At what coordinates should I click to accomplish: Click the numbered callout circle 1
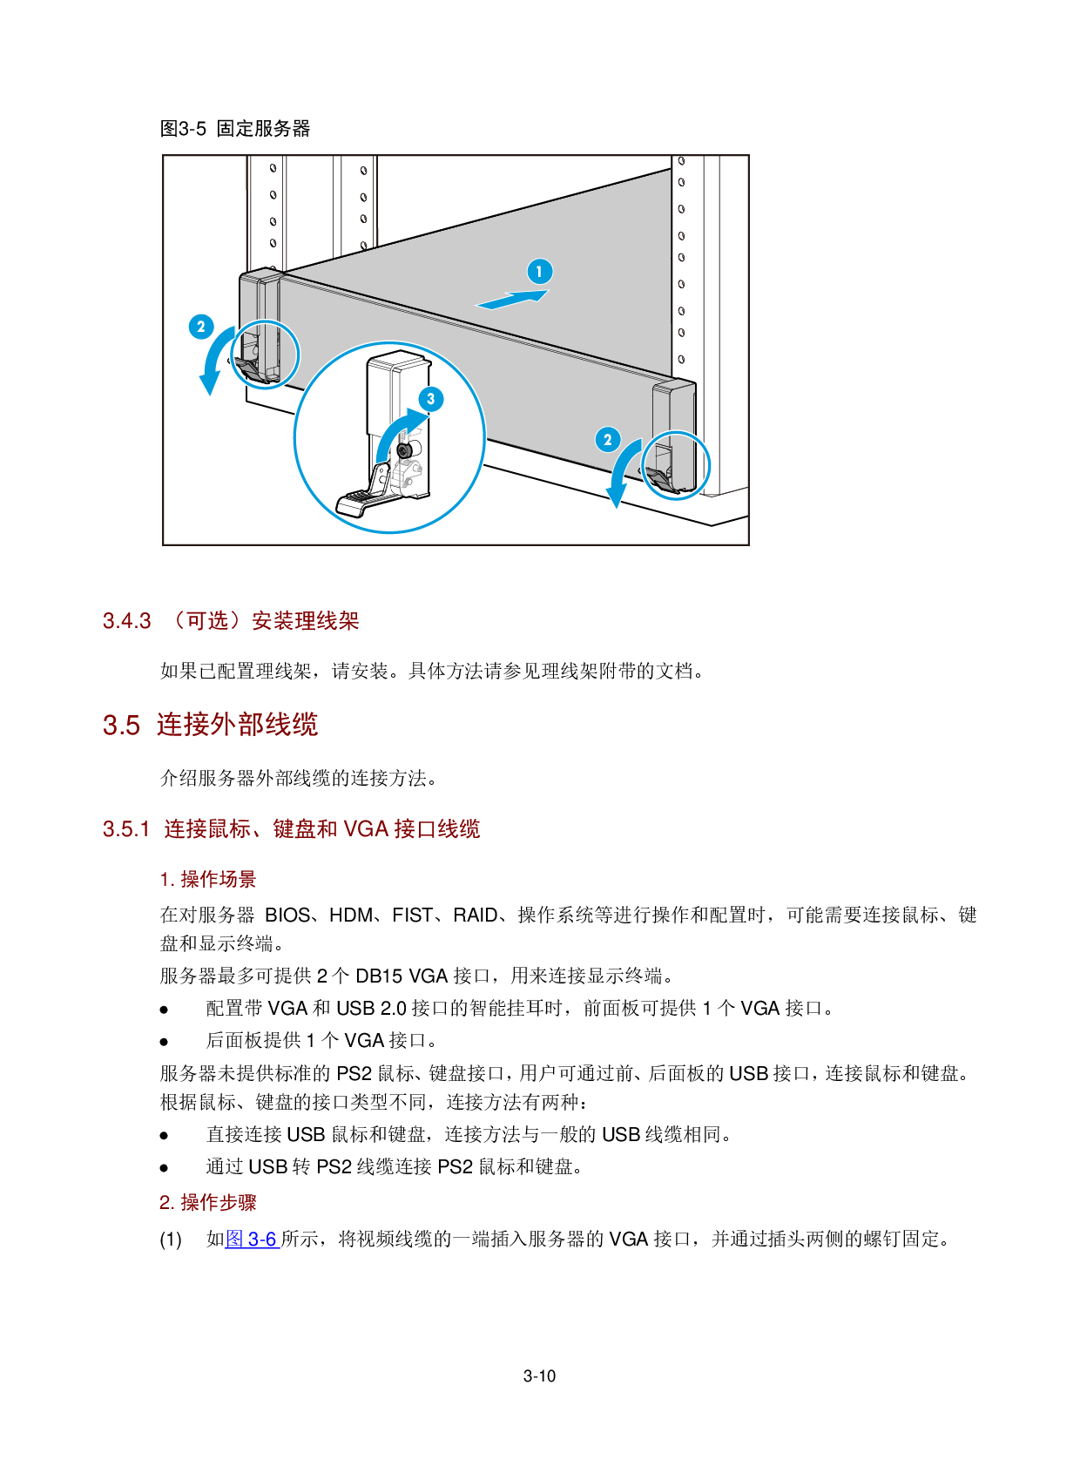(x=539, y=272)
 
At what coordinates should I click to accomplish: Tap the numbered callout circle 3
(x=430, y=399)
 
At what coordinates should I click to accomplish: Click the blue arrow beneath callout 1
(x=512, y=299)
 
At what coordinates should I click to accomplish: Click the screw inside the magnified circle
(x=405, y=450)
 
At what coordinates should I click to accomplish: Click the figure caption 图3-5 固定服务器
(x=235, y=129)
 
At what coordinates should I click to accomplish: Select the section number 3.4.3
(x=127, y=621)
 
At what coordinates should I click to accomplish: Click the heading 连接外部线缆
(x=238, y=725)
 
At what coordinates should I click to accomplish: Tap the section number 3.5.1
(x=126, y=829)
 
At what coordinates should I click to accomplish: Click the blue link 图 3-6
(x=252, y=1239)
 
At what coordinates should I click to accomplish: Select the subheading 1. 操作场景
(x=208, y=880)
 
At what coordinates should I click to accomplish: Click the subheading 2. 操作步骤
(x=208, y=1203)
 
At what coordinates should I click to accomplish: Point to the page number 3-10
(x=540, y=1376)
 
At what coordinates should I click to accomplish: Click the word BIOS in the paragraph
(x=287, y=915)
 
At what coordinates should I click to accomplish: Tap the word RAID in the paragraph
(x=476, y=915)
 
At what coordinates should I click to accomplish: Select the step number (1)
(x=171, y=1240)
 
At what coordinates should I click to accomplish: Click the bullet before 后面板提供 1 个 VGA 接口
(x=164, y=1042)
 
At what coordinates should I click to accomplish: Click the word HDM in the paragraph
(x=352, y=915)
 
